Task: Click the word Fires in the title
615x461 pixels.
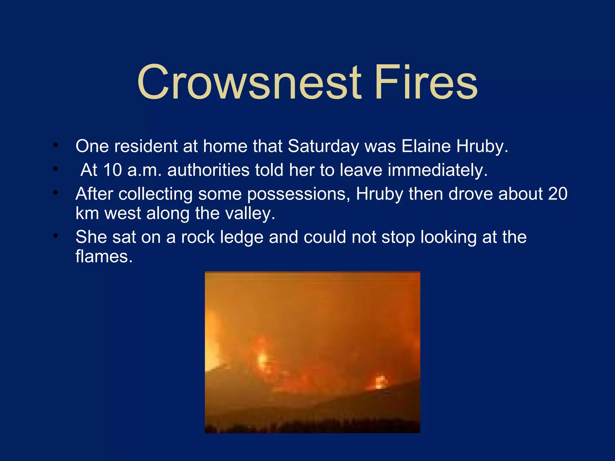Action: tap(426, 83)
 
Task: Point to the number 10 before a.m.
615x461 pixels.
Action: tap(113, 170)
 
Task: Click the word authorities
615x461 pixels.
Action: tap(208, 170)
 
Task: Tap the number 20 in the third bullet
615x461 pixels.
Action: tap(558, 194)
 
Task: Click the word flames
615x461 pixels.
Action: tap(104, 257)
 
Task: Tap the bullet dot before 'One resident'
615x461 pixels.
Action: tap(55, 145)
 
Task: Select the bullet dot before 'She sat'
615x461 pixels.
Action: tap(55, 236)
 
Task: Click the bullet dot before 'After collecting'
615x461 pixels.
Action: tap(55, 193)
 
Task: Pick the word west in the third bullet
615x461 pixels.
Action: tap(123, 213)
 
